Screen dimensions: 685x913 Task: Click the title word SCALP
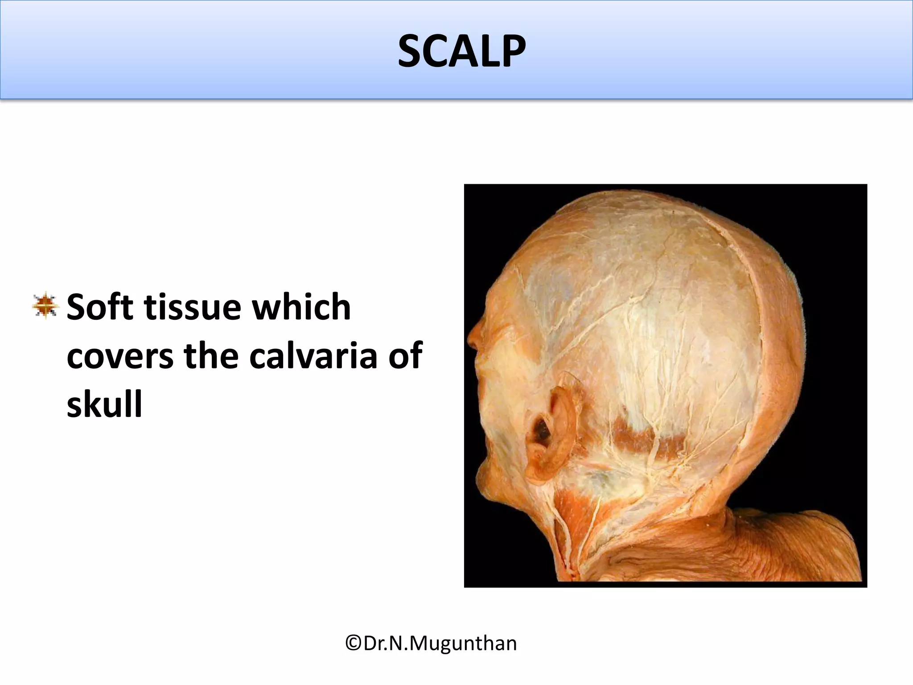coord(461,52)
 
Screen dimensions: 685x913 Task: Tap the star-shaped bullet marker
coord(45,305)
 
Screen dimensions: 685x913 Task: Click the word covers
coord(119,357)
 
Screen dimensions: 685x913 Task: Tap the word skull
coord(104,404)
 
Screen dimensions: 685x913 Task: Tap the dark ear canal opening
coord(542,431)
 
